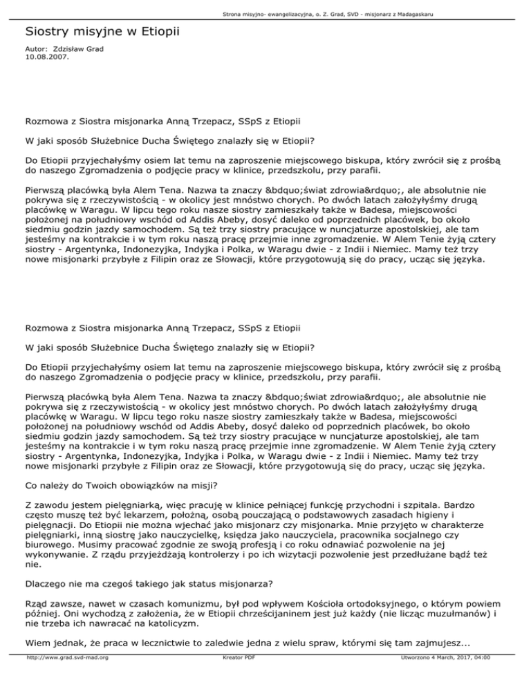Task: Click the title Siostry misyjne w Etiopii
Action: point(100,32)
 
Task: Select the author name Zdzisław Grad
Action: point(77,50)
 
